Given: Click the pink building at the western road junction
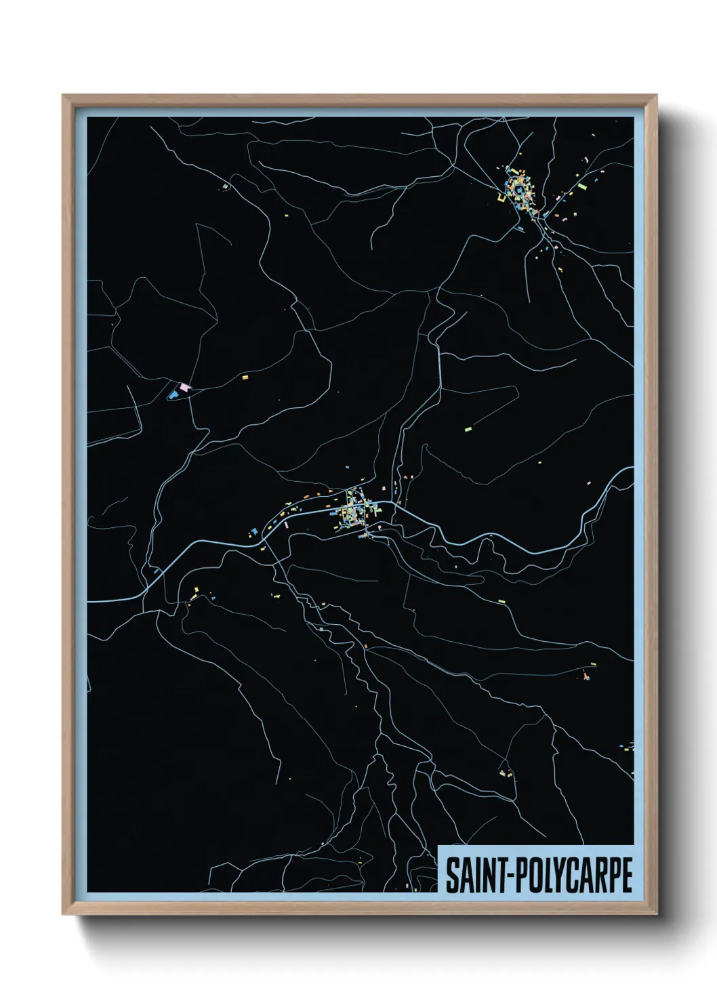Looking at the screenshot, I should tap(185, 387).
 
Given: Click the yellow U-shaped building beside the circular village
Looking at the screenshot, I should tap(501, 198).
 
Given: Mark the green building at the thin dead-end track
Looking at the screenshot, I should tap(467, 428).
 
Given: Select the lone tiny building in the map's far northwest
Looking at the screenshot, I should tap(226, 186).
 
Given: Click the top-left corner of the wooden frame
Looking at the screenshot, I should tap(63, 96).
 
